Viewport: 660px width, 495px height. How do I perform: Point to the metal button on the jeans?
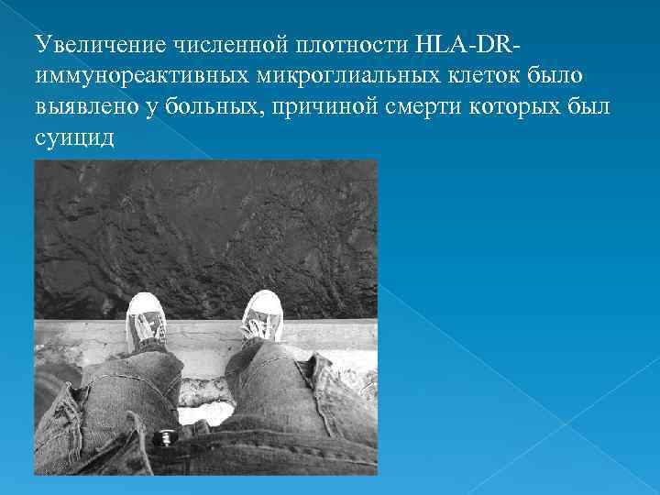[x=165, y=435]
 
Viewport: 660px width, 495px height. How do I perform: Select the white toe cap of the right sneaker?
[x=265, y=301]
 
